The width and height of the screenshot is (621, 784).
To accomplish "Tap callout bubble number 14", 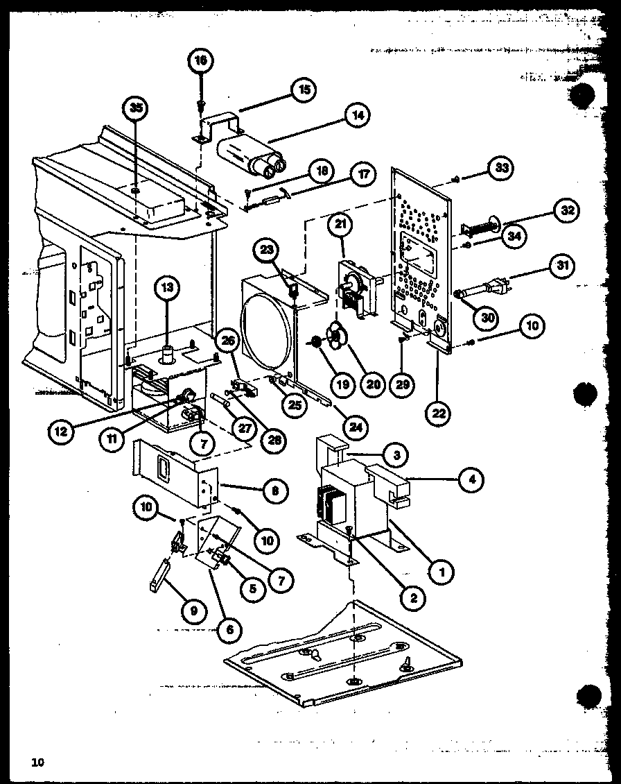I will (358, 115).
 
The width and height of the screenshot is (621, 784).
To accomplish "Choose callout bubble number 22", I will (439, 414).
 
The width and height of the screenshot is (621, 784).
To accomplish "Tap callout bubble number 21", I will (342, 225).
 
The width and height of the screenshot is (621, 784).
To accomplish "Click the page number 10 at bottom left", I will (37, 763).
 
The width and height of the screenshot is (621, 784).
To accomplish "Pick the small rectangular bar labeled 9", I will (159, 575).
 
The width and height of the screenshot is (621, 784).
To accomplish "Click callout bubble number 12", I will (61, 431).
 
